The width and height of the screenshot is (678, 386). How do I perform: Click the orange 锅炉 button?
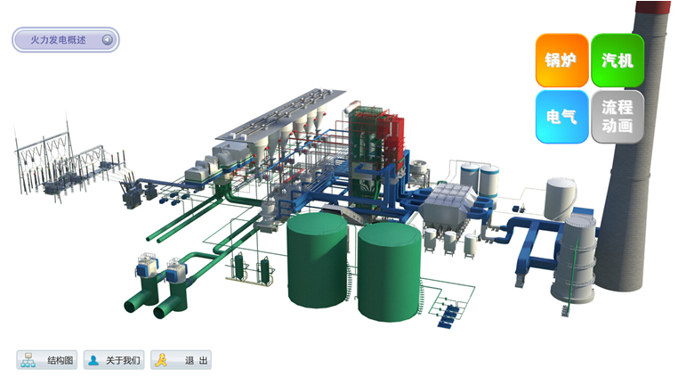click(x=561, y=61)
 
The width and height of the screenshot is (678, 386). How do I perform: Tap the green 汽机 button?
click(x=617, y=61)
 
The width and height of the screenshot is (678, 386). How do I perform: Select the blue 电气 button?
click(x=561, y=117)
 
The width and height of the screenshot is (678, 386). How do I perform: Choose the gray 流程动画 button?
click(x=617, y=117)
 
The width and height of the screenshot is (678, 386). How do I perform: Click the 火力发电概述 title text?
click(x=58, y=40)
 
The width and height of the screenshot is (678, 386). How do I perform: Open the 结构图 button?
click(x=47, y=360)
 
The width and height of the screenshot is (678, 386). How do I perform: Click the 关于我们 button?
click(x=114, y=360)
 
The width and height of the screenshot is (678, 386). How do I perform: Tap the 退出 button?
click(x=182, y=360)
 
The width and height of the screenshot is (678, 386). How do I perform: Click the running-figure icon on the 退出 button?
click(x=161, y=360)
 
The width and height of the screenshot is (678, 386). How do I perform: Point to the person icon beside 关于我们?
click(x=93, y=360)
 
